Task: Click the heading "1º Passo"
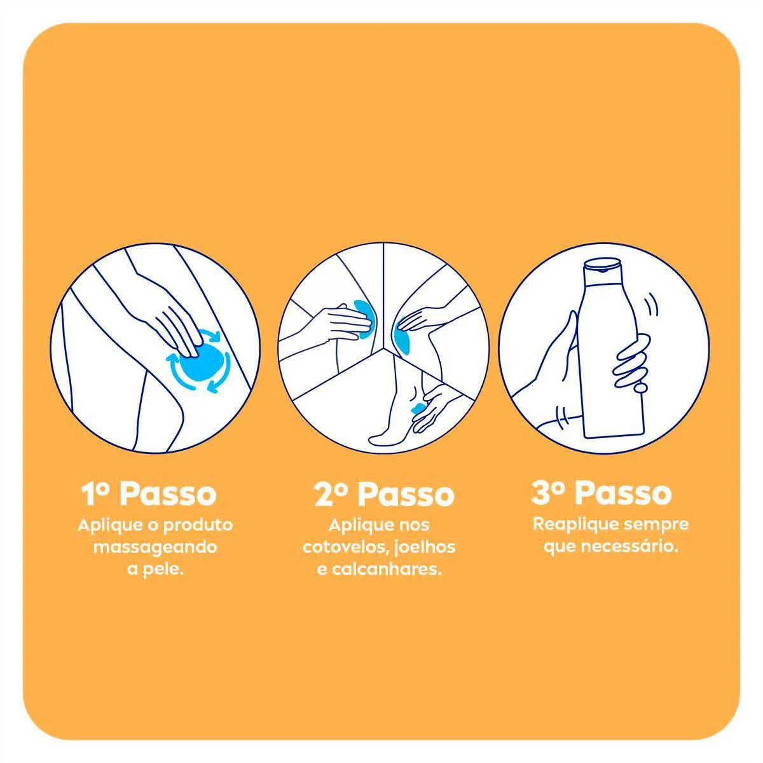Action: click(149, 493)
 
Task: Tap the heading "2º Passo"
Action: click(385, 495)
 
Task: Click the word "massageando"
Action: click(155, 548)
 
